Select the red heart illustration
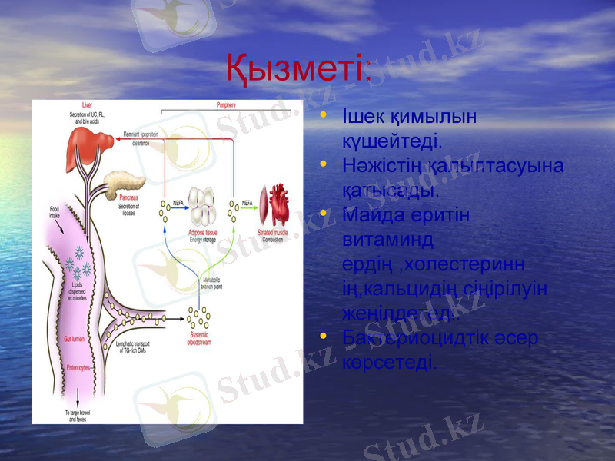click(274, 204)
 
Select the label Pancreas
click(128, 198)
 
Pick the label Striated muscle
click(273, 230)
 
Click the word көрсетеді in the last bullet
click(390, 362)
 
